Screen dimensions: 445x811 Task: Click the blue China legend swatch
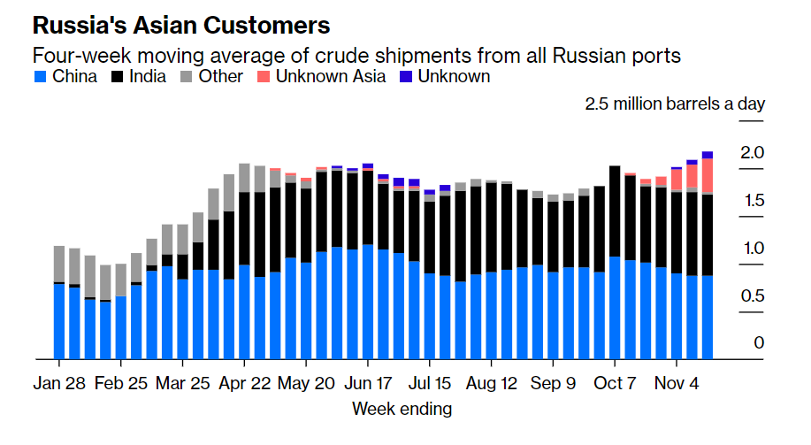coord(41,77)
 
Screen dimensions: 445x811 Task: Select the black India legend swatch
coord(118,77)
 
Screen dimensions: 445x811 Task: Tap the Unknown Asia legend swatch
coord(264,77)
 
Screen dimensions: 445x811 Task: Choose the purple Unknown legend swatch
coord(406,77)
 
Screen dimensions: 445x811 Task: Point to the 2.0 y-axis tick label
coord(752,153)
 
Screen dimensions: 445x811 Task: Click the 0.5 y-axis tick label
coord(752,295)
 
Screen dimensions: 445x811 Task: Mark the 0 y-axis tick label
coord(758,343)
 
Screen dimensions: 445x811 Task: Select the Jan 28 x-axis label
coord(59,385)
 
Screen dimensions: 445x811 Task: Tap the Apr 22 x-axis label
coord(244,385)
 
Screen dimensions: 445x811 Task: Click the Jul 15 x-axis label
coord(429,385)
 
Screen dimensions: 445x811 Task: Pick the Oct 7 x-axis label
coord(614,385)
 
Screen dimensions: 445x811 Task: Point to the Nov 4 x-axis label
coord(676,385)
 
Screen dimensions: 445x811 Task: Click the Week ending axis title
coord(402,409)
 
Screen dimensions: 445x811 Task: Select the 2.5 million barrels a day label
coord(675,104)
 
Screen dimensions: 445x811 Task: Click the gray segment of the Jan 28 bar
coord(59,264)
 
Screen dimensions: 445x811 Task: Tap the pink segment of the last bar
coord(707,175)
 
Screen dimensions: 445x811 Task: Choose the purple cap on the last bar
coord(707,155)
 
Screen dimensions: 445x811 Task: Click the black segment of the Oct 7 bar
coord(614,211)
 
